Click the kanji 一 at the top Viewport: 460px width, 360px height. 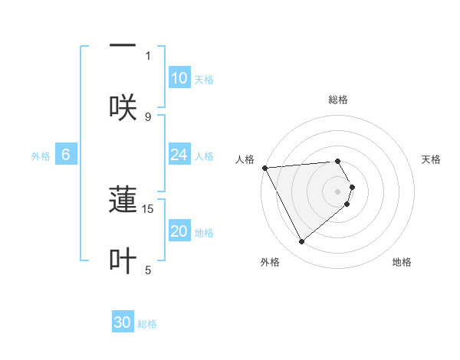tap(123, 45)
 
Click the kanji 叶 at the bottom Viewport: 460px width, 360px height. tap(123, 260)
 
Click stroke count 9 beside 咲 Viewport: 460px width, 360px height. tap(148, 116)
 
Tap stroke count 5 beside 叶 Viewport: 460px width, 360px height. tap(148, 270)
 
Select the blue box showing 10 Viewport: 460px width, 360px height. tap(179, 78)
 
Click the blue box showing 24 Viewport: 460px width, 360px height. tap(179, 155)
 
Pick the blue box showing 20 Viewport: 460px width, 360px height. tap(179, 231)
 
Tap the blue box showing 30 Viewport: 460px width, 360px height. tap(123, 323)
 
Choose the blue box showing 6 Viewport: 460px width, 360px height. tap(66, 155)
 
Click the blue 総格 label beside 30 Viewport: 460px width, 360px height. tap(147, 324)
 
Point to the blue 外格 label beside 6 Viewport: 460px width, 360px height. tap(41, 155)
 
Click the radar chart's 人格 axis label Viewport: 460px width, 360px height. tap(245, 159)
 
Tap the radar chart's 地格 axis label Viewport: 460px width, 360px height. tap(402, 262)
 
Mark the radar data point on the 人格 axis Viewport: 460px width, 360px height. tap(264, 168)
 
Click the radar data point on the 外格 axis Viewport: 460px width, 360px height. tap(301, 242)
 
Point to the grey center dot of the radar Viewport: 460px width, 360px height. tap(338, 191)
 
